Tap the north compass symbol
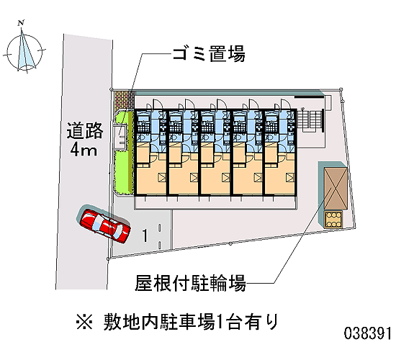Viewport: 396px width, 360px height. [24, 52]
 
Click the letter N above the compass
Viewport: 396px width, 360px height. [21, 23]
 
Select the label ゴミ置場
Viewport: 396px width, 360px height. [209, 54]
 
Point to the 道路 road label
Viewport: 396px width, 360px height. [85, 130]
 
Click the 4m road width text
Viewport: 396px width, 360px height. [84, 150]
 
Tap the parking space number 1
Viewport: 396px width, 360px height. [145, 235]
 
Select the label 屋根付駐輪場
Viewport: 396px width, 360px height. [190, 283]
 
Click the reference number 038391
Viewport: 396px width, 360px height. [368, 333]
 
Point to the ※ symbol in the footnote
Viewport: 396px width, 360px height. [84, 323]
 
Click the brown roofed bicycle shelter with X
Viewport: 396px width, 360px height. [336, 188]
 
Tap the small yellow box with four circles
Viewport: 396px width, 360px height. [333, 219]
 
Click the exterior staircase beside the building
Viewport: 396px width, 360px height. [310, 120]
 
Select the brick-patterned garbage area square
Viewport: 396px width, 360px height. [124, 100]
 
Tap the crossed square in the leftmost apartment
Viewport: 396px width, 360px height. [162, 177]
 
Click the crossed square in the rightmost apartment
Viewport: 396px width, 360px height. [290, 177]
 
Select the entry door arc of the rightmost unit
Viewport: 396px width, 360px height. [286, 104]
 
